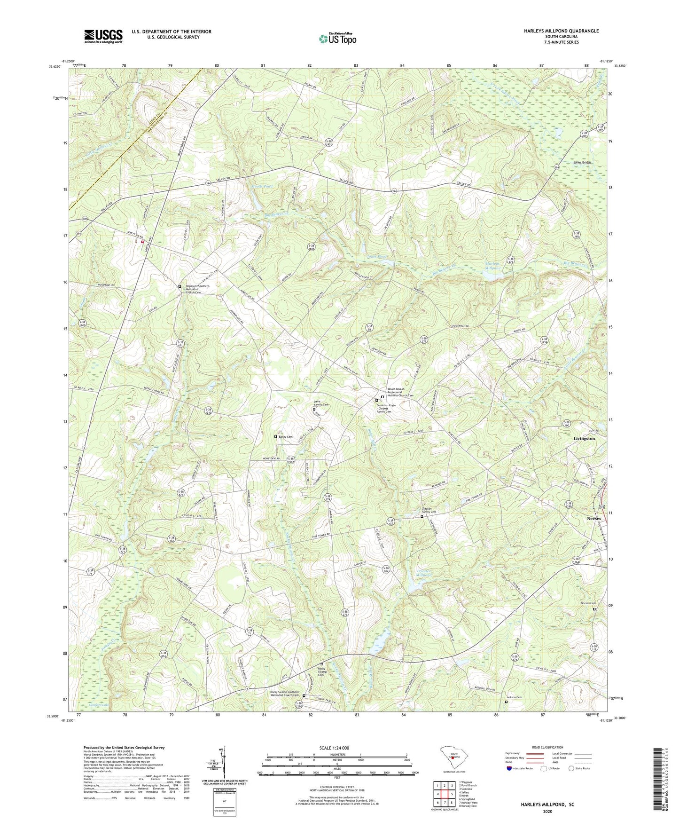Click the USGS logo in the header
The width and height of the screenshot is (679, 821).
point(103,36)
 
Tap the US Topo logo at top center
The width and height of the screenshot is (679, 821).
point(337,39)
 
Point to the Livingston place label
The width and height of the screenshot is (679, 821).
point(584,438)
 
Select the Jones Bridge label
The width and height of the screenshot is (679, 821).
point(582,163)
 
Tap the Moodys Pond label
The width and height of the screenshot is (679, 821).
point(262,187)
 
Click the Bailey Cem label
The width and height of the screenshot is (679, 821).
point(285,437)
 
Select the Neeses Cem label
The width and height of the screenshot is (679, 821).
point(588,604)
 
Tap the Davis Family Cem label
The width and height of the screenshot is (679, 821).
point(321,403)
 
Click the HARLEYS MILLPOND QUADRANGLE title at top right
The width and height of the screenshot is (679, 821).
point(561,31)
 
